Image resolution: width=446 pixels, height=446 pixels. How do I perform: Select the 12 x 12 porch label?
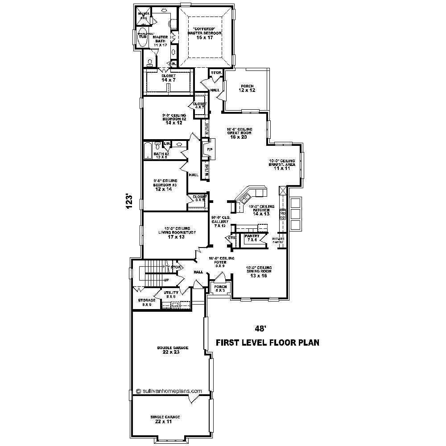[246, 88]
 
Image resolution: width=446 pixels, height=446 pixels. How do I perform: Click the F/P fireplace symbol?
[209, 149]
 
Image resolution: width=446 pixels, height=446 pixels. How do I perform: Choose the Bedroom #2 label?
[174, 119]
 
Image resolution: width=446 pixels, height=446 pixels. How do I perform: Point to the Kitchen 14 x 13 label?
[261, 211]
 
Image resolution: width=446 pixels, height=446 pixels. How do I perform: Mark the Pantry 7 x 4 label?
[252, 238]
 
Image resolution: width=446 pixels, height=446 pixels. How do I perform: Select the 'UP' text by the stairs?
[166, 280]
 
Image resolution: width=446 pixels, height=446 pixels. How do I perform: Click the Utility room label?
[171, 294]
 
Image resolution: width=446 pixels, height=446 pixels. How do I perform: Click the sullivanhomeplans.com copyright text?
[169, 391]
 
